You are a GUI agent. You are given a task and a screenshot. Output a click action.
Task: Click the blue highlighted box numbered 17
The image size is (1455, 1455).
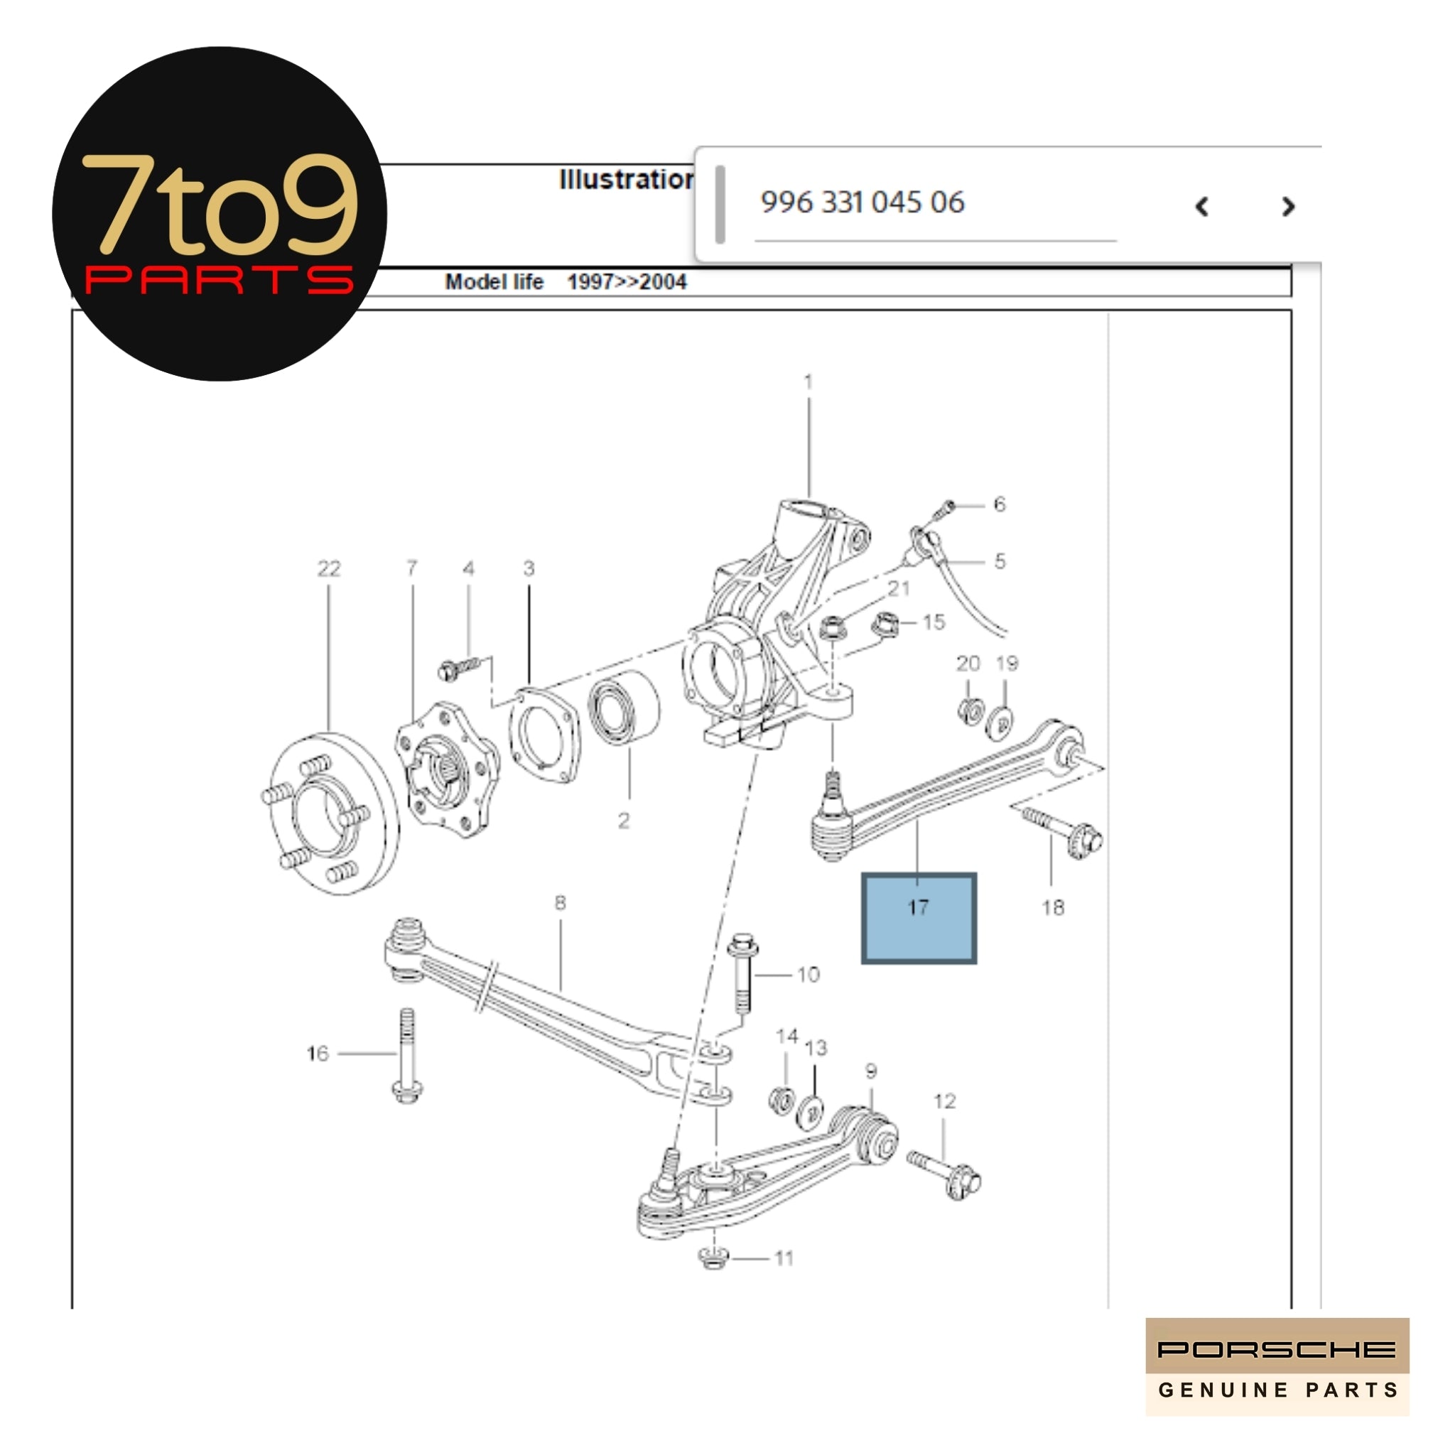point(918,918)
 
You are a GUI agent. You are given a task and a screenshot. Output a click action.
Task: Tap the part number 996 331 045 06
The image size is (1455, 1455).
point(862,202)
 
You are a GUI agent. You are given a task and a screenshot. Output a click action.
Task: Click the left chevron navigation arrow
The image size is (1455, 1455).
point(1202,206)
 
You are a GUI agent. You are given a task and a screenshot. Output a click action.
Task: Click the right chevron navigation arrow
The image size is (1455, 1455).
point(1288,206)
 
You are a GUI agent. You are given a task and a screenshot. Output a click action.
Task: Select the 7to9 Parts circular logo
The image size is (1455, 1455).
point(219,214)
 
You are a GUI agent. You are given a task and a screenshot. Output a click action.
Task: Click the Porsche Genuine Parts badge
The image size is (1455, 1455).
point(1277,1366)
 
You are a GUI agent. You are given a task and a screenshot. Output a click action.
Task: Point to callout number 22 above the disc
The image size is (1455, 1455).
point(328,568)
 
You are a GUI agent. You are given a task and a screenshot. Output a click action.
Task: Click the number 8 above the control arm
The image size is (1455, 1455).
point(560,902)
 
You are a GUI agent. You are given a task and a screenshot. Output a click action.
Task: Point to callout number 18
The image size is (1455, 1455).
point(1053,907)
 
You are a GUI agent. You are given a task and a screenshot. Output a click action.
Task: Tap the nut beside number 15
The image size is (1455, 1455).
point(886,624)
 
